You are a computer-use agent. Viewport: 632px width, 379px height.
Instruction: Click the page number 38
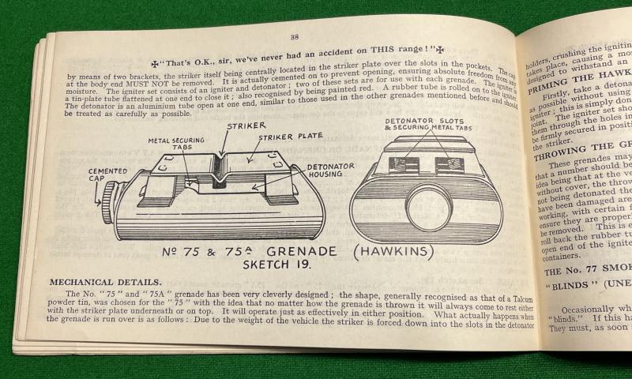[294, 36]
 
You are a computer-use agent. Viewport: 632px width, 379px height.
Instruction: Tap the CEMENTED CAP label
[108, 175]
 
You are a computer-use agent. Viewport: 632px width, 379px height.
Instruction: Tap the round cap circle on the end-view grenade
[429, 208]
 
